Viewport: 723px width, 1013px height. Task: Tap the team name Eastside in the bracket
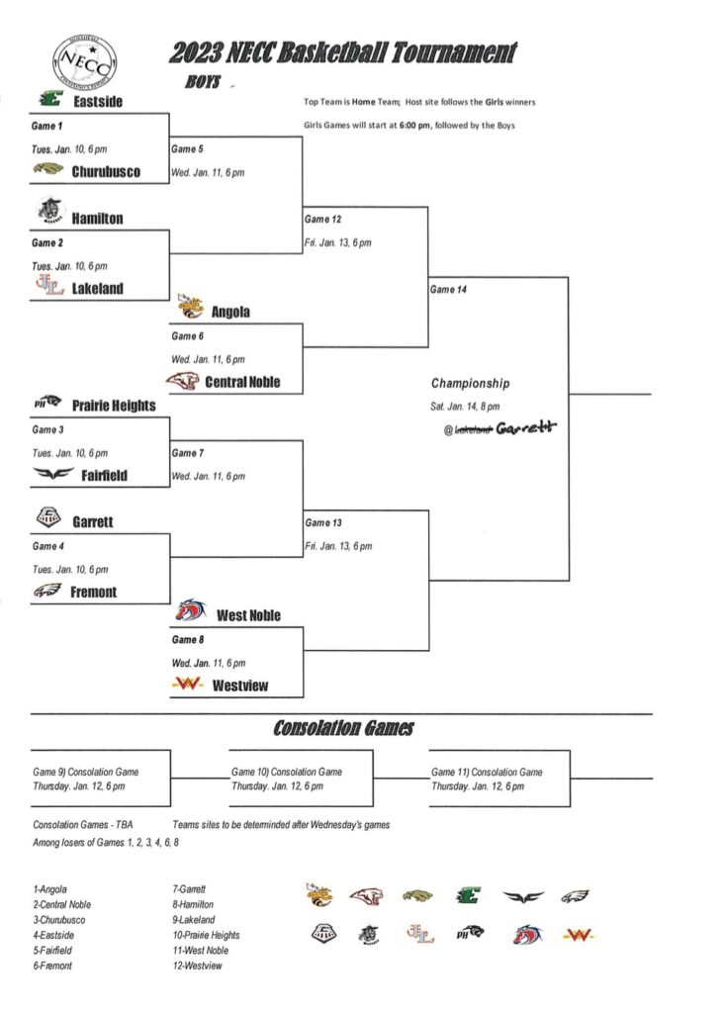pyautogui.click(x=97, y=101)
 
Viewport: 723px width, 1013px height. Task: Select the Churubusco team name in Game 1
pyautogui.click(x=106, y=171)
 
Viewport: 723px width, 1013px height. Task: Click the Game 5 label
pyautogui.click(x=187, y=149)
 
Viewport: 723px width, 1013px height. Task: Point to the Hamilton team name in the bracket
pyautogui.click(x=97, y=218)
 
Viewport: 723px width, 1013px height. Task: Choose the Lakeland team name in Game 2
pyautogui.click(x=98, y=289)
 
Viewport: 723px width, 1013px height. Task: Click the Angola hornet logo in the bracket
pyautogui.click(x=188, y=309)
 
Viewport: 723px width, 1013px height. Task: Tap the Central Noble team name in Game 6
pyautogui.click(x=242, y=382)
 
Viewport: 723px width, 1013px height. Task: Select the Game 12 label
pyautogui.click(x=323, y=219)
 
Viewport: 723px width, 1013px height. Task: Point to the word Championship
pyautogui.click(x=471, y=383)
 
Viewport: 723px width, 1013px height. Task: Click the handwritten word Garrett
pyautogui.click(x=526, y=427)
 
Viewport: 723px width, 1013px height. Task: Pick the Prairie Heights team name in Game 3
pyautogui.click(x=114, y=405)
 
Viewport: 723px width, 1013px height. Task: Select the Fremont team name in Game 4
pyautogui.click(x=93, y=592)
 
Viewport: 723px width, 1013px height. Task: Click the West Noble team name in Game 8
pyautogui.click(x=248, y=615)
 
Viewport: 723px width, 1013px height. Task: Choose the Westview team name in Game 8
pyautogui.click(x=240, y=686)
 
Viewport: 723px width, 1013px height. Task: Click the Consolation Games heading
pyautogui.click(x=343, y=729)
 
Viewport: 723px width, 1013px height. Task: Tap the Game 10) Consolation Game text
pyautogui.click(x=287, y=772)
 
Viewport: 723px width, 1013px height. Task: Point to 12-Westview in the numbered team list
pyautogui.click(x=198, y=966)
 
